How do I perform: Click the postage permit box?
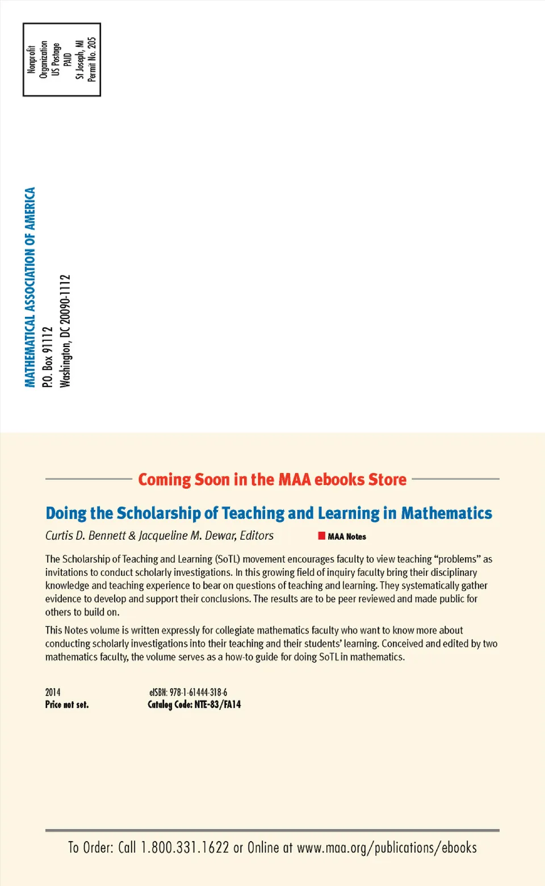click(61, 60)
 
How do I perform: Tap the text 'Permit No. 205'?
click(92, 60)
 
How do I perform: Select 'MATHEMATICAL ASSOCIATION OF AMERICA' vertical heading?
click(30, 287)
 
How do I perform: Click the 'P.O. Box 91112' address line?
click(48, 357)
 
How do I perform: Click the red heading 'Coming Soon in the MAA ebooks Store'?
click(272, 479)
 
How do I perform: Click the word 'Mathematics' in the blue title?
click(446, 513)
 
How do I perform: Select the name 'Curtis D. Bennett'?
click(85, 536)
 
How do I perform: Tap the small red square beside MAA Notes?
click(322, 536)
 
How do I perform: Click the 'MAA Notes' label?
click(347, 536)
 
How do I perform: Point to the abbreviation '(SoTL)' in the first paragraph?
click(228, 559)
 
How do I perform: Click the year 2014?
click(53, 692)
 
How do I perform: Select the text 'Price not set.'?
click(67, 705)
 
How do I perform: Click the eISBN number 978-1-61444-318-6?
click(198, 692)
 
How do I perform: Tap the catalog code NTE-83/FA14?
click(217, 705)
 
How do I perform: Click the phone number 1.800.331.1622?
click(185, 848)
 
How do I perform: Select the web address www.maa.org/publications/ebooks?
click(387, 848)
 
